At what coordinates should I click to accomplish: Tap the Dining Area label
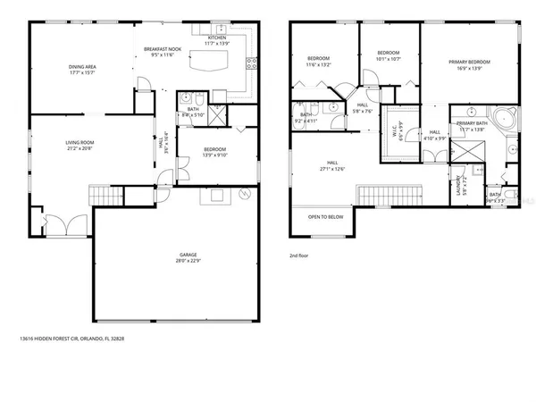point(83,66)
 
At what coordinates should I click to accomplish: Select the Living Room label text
point(81,142)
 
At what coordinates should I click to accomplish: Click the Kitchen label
point(217,37)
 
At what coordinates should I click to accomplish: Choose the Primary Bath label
point(472,123)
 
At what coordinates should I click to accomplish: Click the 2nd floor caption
point(299,255)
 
